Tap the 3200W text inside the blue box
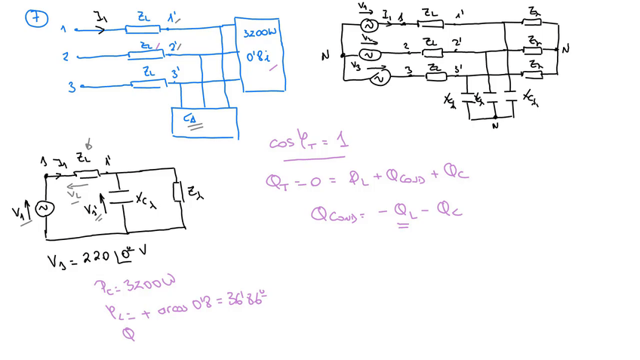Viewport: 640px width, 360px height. point(260,35)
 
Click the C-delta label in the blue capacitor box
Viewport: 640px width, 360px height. point(187,118)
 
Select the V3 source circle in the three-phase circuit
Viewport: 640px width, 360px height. point(381,77)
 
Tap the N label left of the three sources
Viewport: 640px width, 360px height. point(325,55)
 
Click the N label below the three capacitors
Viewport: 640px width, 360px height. point(494,126)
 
